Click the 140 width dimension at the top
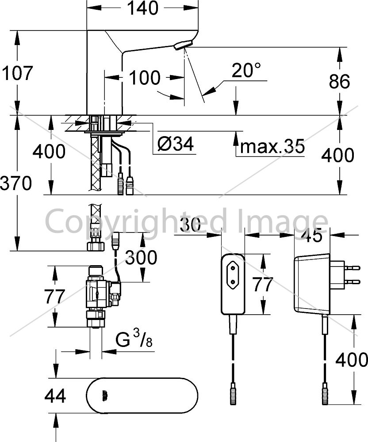(x=143, y=8)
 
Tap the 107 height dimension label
(x=17, y=73)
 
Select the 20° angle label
(x=246, y=70)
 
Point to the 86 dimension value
(x=339, y=81)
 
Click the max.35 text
(x=272, y=146)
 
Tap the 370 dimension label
(x=16, y=183)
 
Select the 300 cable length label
(x=141, y=257)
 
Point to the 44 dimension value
(x=55, y=396)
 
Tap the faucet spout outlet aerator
(x=183, y=45)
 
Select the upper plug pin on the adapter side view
(x=352, y=267)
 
